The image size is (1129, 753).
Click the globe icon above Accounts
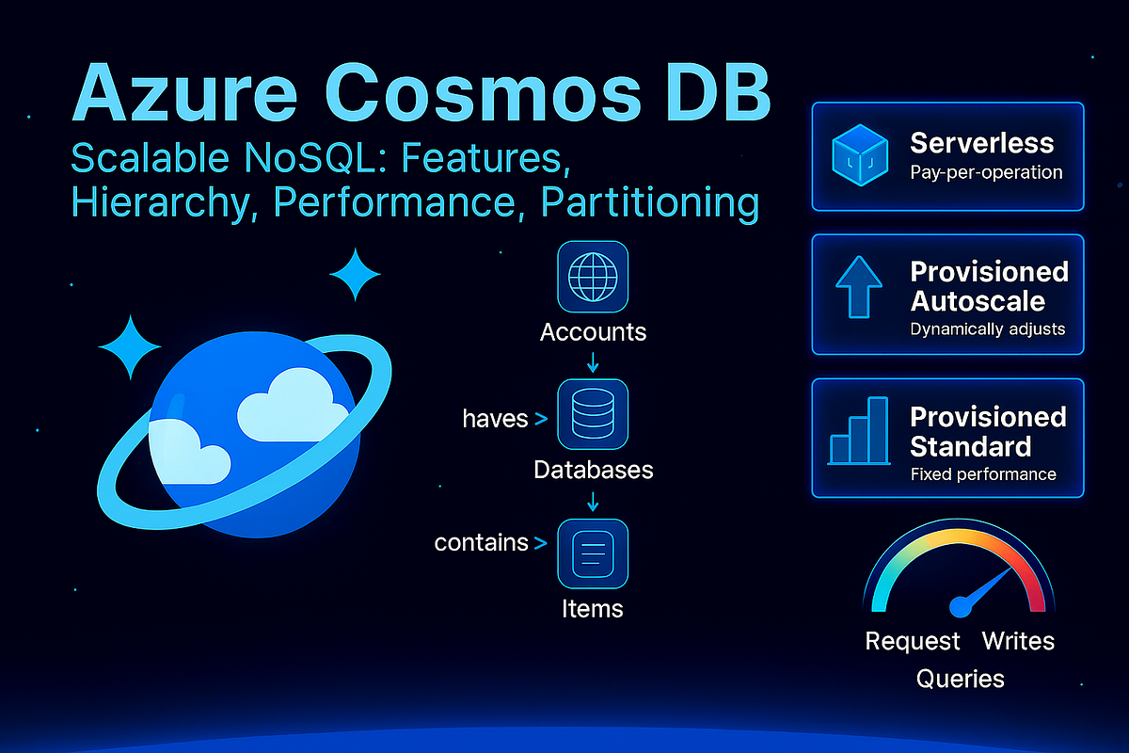pos(593,278)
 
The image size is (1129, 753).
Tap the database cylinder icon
pos(593,415)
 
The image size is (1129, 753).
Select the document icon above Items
pos(593,553)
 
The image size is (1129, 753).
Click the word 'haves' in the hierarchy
pos(495,419)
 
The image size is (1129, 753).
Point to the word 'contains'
pos(481,542)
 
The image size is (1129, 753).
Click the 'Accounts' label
pos(593,332)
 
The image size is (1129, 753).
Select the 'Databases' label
pos(593,469)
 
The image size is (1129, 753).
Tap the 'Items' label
pos(593,608)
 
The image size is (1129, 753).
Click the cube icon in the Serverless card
pos(860,155)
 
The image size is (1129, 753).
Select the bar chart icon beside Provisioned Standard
pos(858,433)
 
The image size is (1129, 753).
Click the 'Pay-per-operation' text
pos(986,173)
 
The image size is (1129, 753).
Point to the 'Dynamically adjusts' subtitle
pos(988,329)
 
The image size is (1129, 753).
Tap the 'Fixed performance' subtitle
pos(983,474)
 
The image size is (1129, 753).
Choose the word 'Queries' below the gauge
pos(960,679)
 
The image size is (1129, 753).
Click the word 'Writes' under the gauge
pos(1018,642)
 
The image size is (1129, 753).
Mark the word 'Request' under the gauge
pos(913,642)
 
